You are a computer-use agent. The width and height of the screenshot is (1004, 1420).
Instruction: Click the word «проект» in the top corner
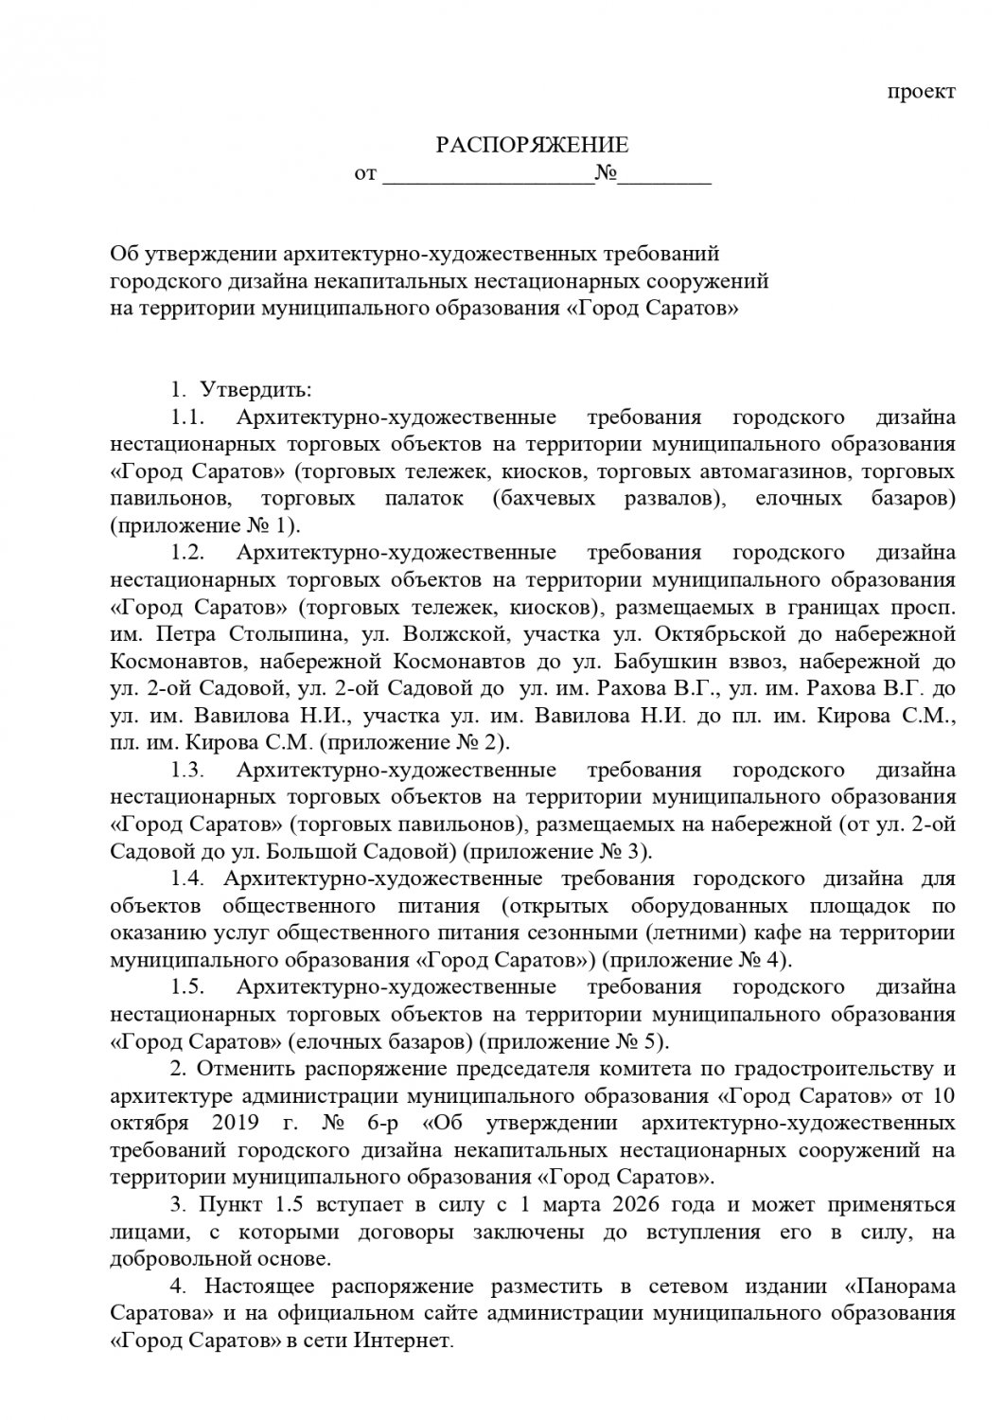pyautogui.click(x=922, y=92)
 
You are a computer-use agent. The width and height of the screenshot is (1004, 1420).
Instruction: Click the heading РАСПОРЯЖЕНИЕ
pyautogui.click(x=532, y=146)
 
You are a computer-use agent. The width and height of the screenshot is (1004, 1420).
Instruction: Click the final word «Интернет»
pyautogui.click(x=405, y=1341)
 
